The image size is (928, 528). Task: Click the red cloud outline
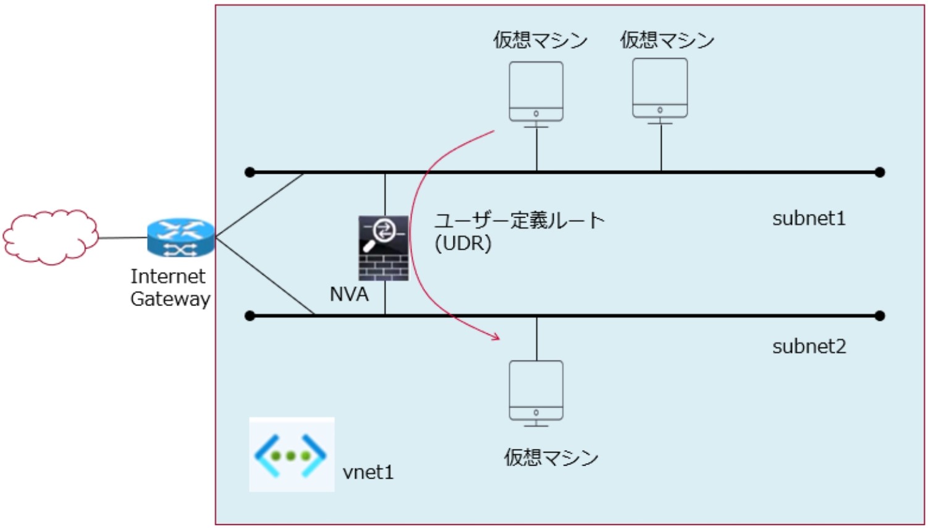tap(51, 237)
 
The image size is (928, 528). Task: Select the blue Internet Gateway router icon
tap(180, 237)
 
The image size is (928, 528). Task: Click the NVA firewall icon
tap(384, 248)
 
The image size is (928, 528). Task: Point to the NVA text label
tap(349, 294)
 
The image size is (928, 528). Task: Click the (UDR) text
tap(463, 244)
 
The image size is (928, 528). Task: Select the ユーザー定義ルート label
tap(519, 220)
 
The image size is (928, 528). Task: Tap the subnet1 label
tap(809, 218)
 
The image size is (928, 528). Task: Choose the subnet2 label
tap(809, 346)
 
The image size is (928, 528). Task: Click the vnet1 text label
tap(368, 472)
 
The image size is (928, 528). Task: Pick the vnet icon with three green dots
tap(291, 455)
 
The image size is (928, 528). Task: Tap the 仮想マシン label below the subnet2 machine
tap(550, 458)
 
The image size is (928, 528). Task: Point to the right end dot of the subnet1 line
tap(880, 172)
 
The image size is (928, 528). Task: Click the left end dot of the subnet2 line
tap(250, 316)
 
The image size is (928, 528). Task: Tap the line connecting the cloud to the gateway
tap(122, 237)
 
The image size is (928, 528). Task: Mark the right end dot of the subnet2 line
tap(880, 316)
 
